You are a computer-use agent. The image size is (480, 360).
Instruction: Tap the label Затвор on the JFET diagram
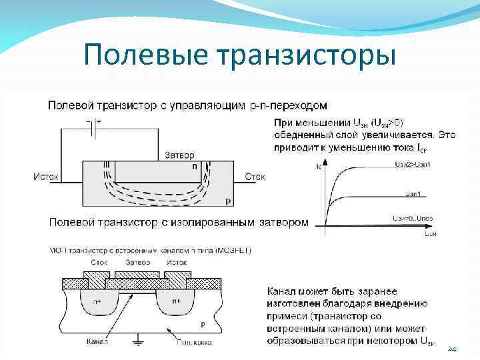pyautogui.click(x=180, y=155)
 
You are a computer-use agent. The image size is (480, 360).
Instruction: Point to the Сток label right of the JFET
pyautogui.click(x=255, y=177)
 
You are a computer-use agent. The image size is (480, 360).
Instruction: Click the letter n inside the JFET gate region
pyautogui.click(x=195, y=167)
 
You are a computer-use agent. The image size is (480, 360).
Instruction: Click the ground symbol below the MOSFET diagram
pyautogui.click(x=139, y=341)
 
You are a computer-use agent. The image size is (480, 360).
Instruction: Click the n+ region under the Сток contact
pyautogui.click(x=97, y=301)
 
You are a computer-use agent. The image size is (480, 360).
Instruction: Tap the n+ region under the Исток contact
pyautogui.click(x=176, y=301)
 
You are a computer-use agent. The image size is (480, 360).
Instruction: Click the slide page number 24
pyautogui.click(x=451, y=349)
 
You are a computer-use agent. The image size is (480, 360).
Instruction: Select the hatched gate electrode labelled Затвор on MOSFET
pyautogui.click(x=137, y=275)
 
